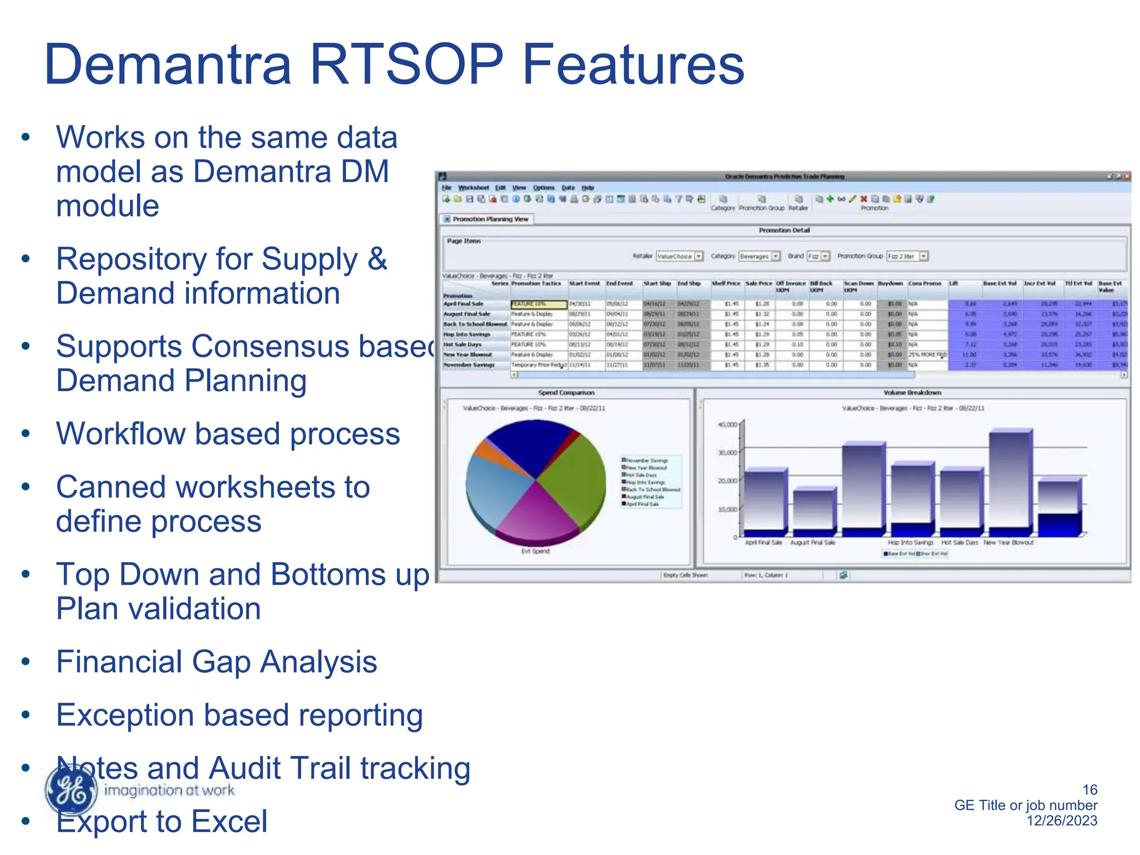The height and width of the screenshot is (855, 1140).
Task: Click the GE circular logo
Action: [x=71, y=789]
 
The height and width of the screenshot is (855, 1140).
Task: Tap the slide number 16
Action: [x=1089, y=789]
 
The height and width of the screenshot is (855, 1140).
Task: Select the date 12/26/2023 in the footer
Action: [x=1062, y=820]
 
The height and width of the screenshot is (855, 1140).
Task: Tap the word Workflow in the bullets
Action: [x=120, y=434]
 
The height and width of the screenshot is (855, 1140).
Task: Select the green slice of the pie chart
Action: [x=573, y=479]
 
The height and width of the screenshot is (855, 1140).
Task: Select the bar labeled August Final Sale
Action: [x=813, y=509]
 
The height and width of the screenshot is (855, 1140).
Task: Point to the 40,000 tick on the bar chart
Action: [x=727, y=425]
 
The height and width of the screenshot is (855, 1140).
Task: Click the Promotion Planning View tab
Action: [x=487, y=219]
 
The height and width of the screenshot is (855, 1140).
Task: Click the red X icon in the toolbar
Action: [x=863, y=199]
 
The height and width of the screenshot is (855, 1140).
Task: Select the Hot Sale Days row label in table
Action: [x=463, y=345]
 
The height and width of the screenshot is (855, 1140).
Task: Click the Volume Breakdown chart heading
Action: [x=912, y=392]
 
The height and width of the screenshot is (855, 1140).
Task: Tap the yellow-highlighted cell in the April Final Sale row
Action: [x=538, y=304]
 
